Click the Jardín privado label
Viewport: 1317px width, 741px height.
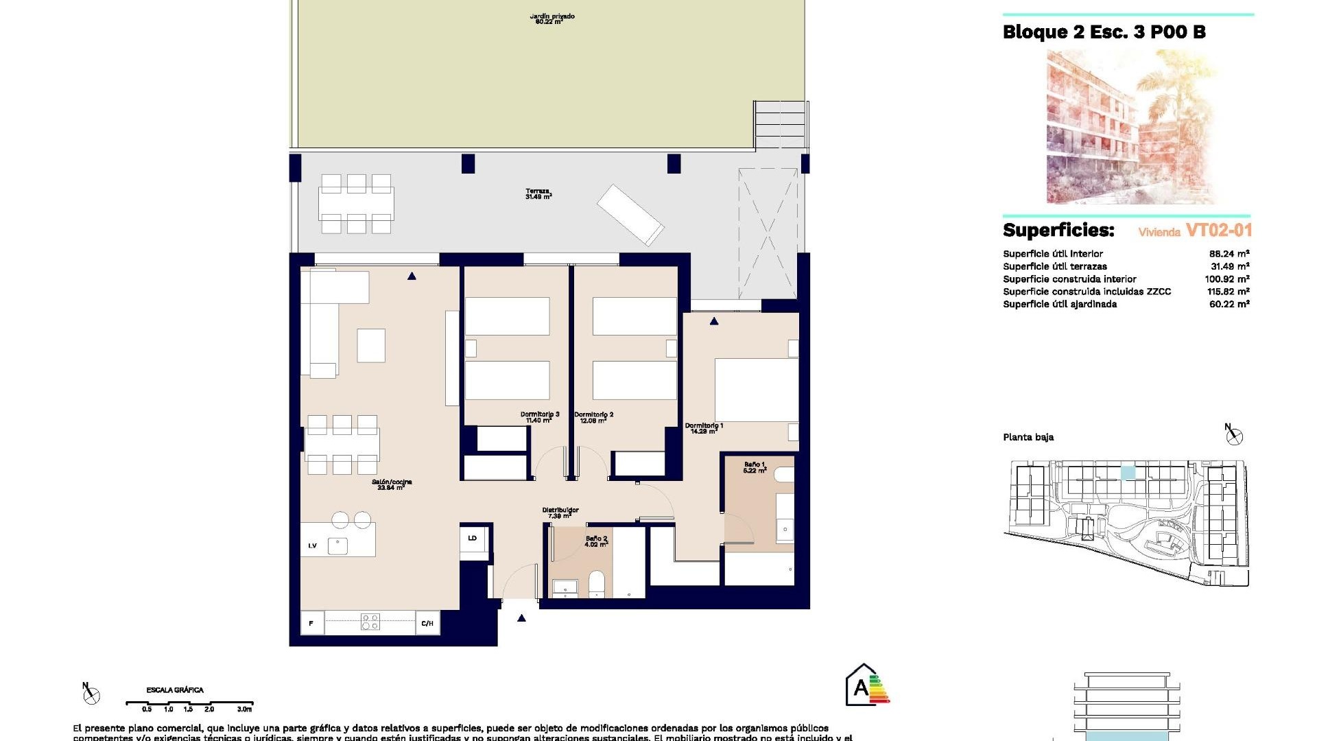click(551, 19)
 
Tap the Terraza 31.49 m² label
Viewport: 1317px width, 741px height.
click(538, 194)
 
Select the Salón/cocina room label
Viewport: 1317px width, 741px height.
click(392, 484)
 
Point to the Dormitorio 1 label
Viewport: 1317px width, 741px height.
click(704, 428)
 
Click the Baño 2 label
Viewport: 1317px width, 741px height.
click(596, 541)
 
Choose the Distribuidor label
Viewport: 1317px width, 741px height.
click(560, 513)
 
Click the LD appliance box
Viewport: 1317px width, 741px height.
click(473, 539)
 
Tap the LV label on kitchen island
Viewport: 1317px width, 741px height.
click(312, 546)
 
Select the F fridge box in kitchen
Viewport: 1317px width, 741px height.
click(311, 624)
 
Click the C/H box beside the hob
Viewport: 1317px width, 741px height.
click(427, 624)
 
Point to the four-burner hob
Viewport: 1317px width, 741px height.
click(370, 622)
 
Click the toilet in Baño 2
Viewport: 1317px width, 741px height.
click(596, 585)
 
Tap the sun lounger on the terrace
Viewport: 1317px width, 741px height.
click(630, 215)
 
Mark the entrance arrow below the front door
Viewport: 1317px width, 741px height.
click(521, 618)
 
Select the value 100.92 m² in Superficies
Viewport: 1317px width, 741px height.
click(1226, 279)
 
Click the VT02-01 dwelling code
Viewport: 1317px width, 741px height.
click(1218, 231)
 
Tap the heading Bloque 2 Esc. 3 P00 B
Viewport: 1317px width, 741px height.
click(1104, 32)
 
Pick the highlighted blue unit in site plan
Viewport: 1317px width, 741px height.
click(1128, 473)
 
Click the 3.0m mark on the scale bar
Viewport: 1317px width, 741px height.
click(245, 709)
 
